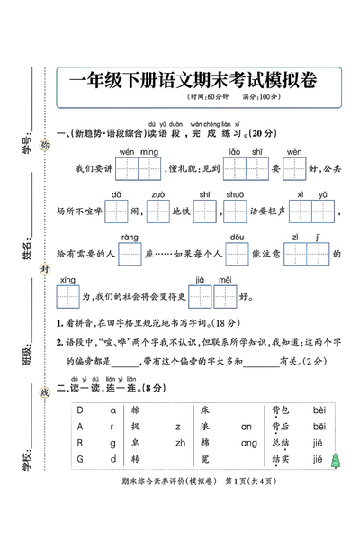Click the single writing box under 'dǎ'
coord(117,211)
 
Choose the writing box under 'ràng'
coord(131,255)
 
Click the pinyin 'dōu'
coord(238,238)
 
